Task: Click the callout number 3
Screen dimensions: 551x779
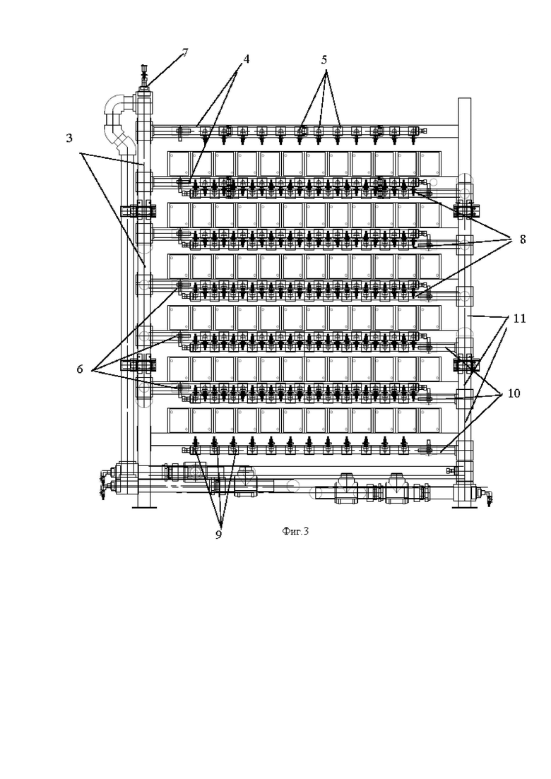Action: pos(69,138)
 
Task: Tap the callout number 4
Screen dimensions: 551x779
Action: pos(245,59)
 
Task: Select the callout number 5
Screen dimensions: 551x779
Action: pos(324,60)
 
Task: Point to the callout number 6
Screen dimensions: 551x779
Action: pos(80,369)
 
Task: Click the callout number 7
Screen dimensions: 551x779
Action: pos(185,53)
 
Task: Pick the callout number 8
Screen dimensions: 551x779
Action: pos(522,239)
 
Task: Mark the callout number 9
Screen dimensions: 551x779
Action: pos(218,535)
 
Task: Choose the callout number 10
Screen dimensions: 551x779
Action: pos(514,393)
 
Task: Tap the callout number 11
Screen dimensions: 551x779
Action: pos(519,318)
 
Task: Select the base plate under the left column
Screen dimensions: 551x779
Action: pos(144,507)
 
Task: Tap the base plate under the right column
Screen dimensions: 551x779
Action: pos(465,507)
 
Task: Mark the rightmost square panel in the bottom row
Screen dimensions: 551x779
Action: pos(429,420)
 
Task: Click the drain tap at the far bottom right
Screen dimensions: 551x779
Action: pos(487,495)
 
